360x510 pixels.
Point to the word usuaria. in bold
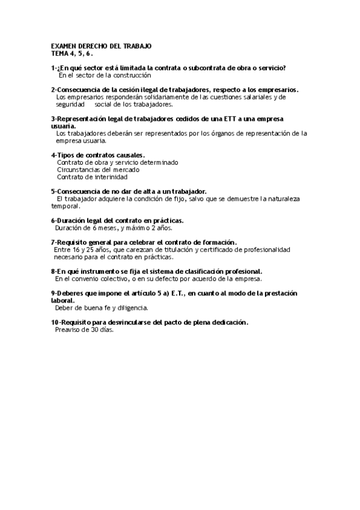64,126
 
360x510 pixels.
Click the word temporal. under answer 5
66,206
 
